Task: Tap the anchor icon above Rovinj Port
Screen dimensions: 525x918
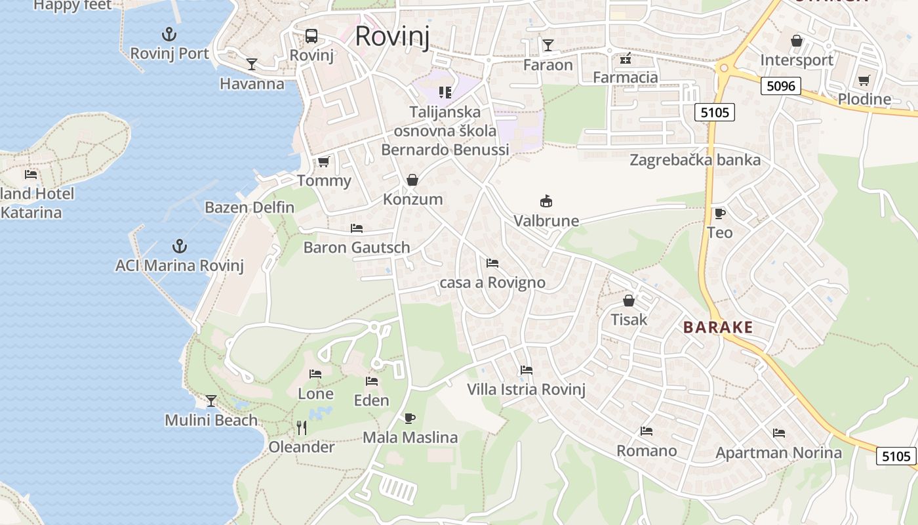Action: pyautogui.click(x=169, y=33)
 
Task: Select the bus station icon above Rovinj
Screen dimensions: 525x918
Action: pyautogui.click(x=311, y=36)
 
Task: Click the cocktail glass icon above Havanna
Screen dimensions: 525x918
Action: pyautogui.click(x=252, y=64)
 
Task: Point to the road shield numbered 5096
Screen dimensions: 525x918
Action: pyautogui.click(x=780, y=86)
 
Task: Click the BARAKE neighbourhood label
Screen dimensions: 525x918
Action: pyautogui.click(x=718, y=327)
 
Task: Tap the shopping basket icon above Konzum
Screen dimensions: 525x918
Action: pyautogui.click(x=412, y=180)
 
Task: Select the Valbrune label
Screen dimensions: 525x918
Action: pyautogui.click(x=546, y=220)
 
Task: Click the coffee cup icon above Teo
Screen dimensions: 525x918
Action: pyautogui.click(x=719, y=213)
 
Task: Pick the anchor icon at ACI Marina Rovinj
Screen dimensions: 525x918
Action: pyautogui.click(x=179, y=246)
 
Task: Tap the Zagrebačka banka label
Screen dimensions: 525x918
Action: pyautogui.click(x=695, y=160)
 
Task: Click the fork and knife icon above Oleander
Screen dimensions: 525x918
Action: pyautogui.click(x=302, y=428)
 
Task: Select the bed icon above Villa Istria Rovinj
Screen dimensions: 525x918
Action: pyautogui.click(x=526, y=370)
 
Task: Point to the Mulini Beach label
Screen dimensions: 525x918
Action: pyautogui.click(x=210, y=420)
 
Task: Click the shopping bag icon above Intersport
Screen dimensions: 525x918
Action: pyautogui.click(x=796, y=41)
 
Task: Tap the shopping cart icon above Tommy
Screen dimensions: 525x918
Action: pyautogui.click(x=323, y=161)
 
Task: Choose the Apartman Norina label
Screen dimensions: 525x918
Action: pyautogui.click(x=778, y=453)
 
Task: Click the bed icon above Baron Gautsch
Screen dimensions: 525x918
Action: pyautogui.click(x=357, y=228)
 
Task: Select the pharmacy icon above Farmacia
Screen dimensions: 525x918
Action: pyautogui.click(x=625, y=58)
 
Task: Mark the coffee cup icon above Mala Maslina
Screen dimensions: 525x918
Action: pyautogui.click(x=410, y=418)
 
